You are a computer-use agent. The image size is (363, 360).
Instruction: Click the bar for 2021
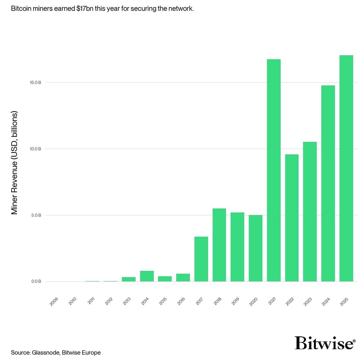(274, 170)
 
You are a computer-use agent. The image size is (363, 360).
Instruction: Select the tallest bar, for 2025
(346, 168)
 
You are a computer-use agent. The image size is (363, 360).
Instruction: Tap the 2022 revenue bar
(292, 218)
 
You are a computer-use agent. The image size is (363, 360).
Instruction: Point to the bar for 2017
(201, 259)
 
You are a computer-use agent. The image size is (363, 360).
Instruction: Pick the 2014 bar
(147, 276)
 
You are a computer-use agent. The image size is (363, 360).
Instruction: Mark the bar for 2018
(219, 245)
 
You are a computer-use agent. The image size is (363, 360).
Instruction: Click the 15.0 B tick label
(35, 83)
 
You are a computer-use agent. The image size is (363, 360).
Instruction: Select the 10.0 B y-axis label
(35, 149)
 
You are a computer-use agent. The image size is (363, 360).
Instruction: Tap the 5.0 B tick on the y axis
(36, 215)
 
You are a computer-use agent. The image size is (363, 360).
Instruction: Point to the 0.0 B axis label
(36, 282)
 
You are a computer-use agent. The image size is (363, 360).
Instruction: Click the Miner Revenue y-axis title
(14, 163)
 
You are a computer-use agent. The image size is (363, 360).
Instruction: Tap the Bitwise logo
(324, 343)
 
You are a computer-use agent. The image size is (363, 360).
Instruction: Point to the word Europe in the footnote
(92, 353)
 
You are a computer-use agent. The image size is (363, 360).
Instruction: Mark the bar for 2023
(310, 212)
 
